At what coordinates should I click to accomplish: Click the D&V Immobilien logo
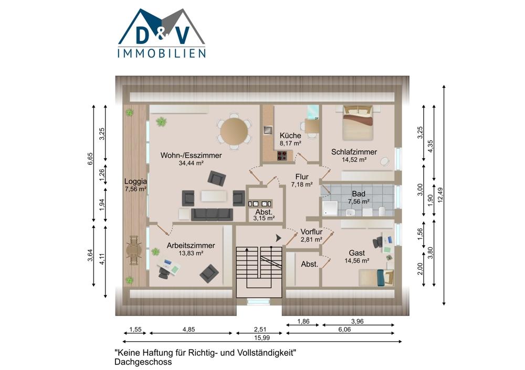162,33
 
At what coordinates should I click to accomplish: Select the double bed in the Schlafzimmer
358,123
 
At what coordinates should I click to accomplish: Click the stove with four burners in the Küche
282,156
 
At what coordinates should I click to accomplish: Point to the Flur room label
302,177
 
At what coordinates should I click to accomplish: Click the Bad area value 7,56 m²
359,202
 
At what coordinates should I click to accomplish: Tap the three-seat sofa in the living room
212,214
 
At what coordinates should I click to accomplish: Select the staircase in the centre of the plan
259,271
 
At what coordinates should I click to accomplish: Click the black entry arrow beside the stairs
278,238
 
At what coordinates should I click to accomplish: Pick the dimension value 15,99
262,338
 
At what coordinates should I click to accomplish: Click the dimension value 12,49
440,194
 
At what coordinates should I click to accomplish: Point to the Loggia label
135,181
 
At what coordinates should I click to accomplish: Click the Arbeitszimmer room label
191,245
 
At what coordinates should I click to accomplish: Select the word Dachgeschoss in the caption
143,362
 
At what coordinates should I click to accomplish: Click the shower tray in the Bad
330,208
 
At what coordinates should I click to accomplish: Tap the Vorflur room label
311,232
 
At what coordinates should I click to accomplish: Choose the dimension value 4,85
188,330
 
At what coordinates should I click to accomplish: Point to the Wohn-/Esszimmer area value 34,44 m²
191,163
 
